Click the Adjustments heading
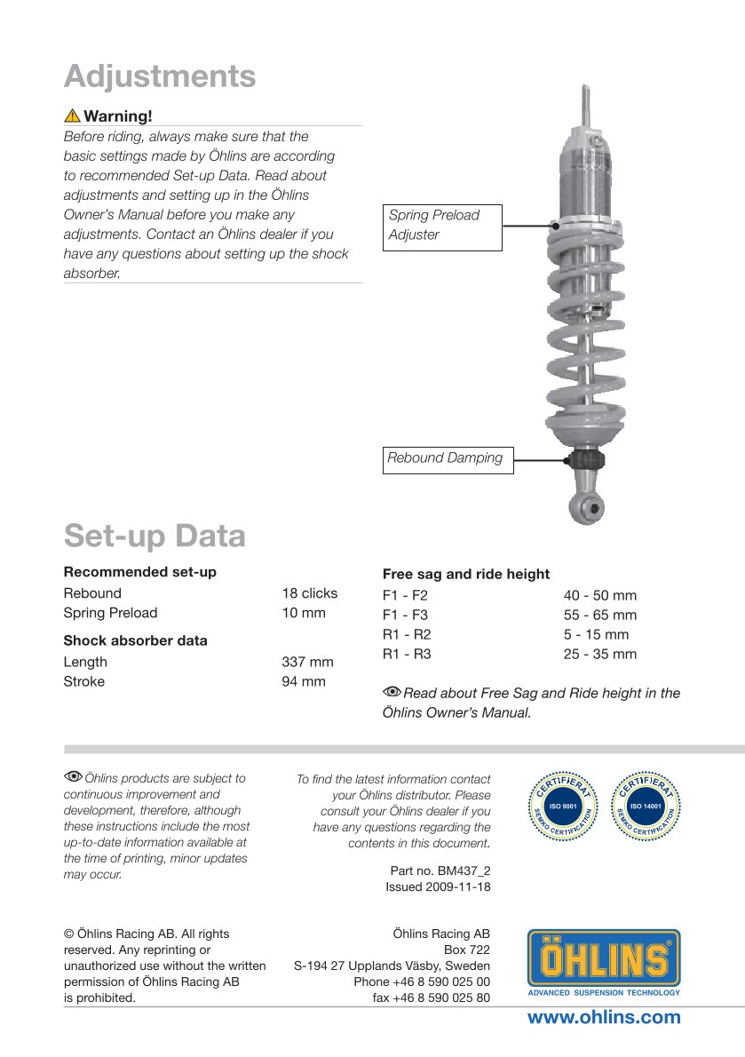tap(160, 76)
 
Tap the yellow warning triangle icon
tap(71, 116)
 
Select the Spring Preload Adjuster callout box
tap(442, 226)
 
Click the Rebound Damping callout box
tap(448, 458)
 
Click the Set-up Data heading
tap(155, 536)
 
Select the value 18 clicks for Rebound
tap(310, 593)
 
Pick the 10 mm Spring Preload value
tap(304, 613)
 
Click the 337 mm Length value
tap(307, 662)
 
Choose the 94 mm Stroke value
tap(304, 681)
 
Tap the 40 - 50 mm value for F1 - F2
tap(599, 595)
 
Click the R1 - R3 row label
tap(406, 654)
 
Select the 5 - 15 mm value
tap(596, 634)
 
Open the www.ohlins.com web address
tap(604, 1018)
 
